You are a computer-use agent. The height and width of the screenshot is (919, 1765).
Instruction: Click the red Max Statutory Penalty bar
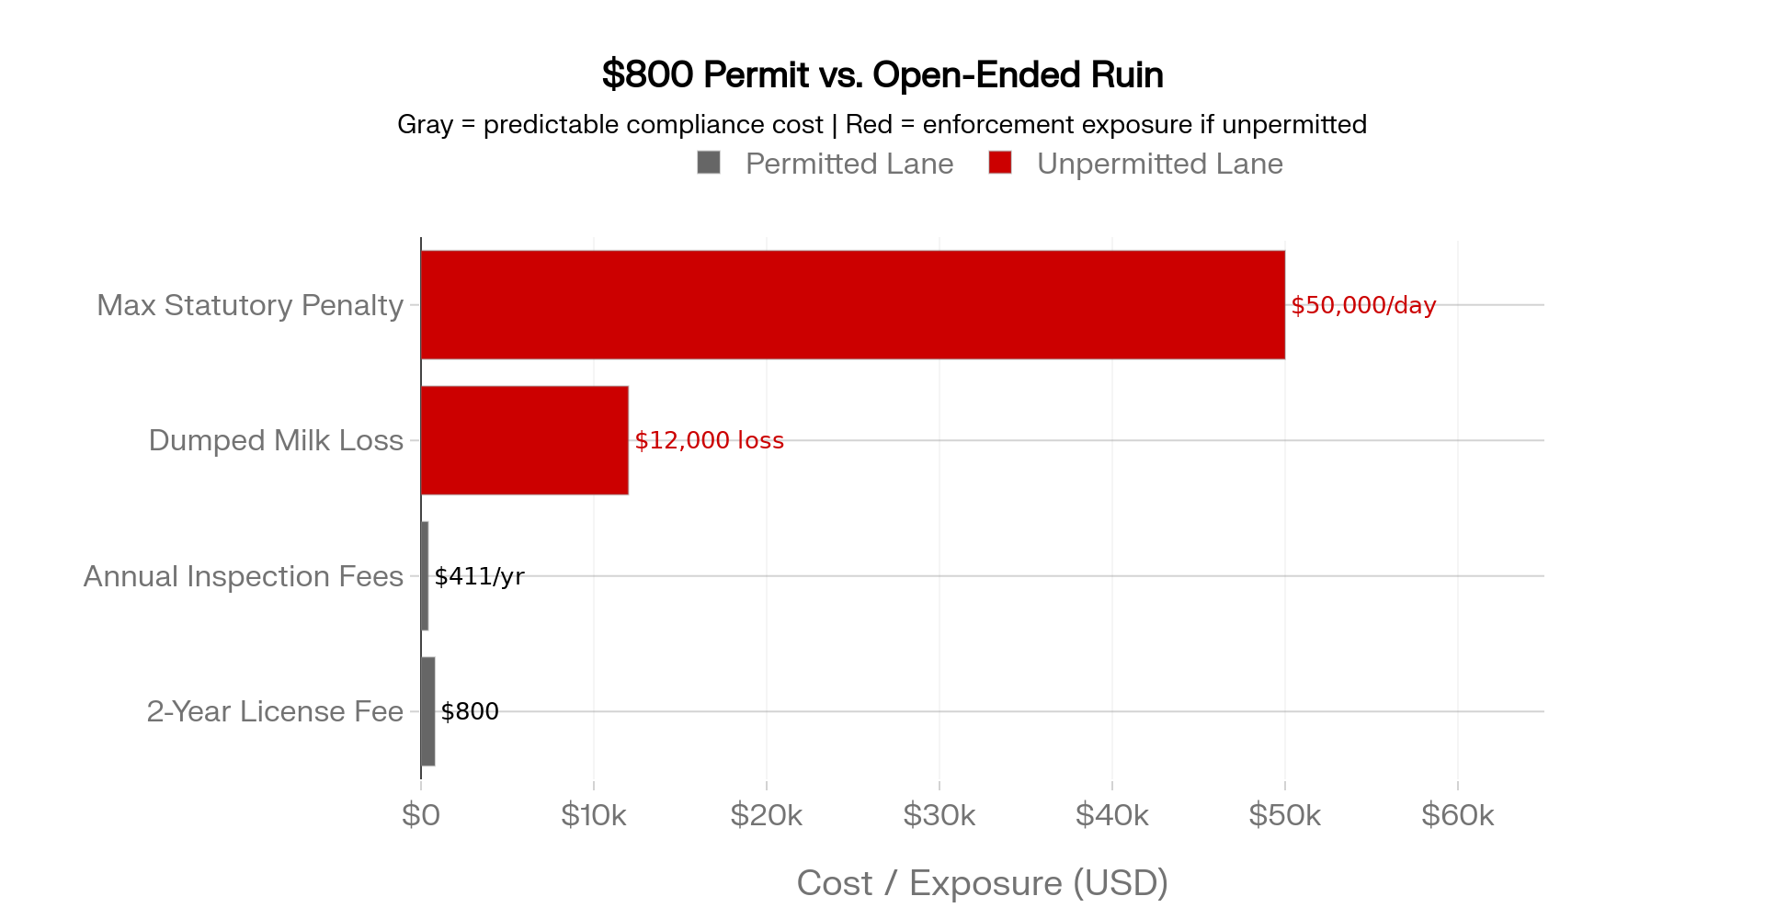pos(853,304)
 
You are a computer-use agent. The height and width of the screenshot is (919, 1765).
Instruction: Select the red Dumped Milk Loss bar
pos(525,440)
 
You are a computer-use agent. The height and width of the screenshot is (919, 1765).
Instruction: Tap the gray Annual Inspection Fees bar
pos(425,576)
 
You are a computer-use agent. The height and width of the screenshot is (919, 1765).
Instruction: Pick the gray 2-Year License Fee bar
pos(428,711)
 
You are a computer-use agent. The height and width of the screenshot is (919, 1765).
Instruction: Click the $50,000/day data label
pos(1363,305)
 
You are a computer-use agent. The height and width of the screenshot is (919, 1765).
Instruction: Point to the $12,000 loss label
pos(709,440)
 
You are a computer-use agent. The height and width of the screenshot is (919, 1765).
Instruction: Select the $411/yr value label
pos(479,576)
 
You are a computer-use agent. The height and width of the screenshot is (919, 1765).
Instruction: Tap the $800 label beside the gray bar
pos(470,711)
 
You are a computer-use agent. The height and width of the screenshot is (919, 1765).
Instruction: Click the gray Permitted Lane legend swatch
pos(709,163)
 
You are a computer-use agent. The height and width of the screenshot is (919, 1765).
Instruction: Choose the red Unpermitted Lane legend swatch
pos(1000,163)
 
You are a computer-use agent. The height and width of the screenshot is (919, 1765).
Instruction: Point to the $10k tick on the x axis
pos(594,815)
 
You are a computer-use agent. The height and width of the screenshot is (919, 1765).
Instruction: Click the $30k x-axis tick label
pos(939,815)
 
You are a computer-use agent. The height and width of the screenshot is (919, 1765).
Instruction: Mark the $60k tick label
pos(1458,815)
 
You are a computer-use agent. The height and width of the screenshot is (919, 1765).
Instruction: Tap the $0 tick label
pos(421,815)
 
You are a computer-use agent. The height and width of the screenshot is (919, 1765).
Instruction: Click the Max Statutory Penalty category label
pos(250,305)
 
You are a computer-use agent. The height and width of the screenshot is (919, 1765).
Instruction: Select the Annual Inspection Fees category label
pos(244,576)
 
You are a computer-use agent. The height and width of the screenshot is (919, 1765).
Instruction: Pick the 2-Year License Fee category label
pos(275,711)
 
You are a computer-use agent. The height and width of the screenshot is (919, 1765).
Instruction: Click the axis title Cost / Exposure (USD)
pos(983,883)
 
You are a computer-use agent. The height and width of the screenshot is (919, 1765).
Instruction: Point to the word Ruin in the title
pos(1128,74)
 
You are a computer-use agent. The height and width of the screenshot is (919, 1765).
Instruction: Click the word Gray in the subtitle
pos(426,125)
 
